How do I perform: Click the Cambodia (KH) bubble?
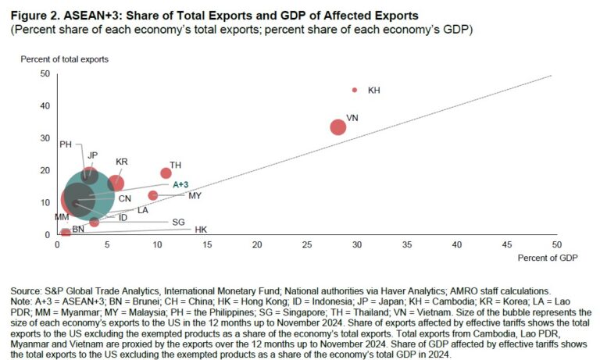point(355,90)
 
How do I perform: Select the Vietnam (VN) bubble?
point(337,127)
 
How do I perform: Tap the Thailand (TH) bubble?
point(166,173)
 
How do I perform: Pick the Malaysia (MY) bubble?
point(153,195)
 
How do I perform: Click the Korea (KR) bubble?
point(116,183)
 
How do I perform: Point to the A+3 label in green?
point(180,184)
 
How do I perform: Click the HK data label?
point(201,230)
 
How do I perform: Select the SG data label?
point(178,222)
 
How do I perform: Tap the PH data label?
point(66,144)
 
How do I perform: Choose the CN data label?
point(125,199)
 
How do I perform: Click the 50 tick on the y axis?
point(45,73)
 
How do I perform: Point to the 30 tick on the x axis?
point(356,244)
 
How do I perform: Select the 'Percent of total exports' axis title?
point(64,59)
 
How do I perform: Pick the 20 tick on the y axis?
point(45,170)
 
